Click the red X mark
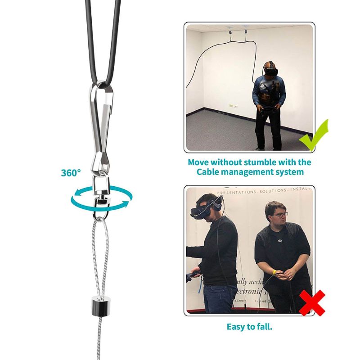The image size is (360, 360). tap(312, 303)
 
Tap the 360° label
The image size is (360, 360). tap(71, 172)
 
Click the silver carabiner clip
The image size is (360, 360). tap(103, 121)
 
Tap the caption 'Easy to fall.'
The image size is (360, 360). tap(249, 326)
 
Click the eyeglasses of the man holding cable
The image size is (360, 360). tap(279, 215)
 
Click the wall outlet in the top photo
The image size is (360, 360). tap(232, 106)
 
